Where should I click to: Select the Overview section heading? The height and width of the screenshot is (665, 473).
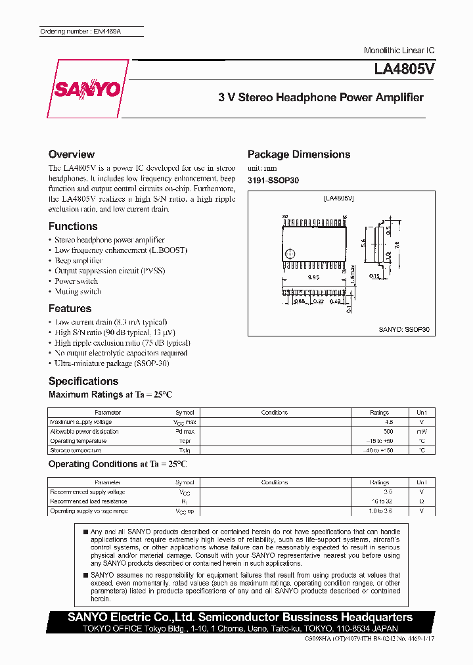click(x=72, y=154)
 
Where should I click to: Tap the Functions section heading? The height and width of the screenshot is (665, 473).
click(x=73, y=226)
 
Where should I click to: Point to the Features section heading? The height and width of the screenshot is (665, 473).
click(x=70, y=309)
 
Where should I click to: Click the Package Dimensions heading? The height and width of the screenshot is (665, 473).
click(x=299, y=154)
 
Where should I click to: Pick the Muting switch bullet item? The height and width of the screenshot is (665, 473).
click(x=78, y=292)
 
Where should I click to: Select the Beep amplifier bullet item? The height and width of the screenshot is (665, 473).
click(x=78, y=261)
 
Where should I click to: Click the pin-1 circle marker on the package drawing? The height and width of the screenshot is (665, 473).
click(x=290, y=254)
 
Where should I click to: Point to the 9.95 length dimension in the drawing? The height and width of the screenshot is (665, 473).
click(x=314, y=278)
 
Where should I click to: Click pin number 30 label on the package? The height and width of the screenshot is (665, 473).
click(x=285, y=216)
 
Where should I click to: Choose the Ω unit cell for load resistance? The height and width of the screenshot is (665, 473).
click(x=421, y=501)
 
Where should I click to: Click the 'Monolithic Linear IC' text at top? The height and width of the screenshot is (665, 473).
click(x=399, y=51)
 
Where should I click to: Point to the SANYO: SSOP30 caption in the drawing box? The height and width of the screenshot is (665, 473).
click(x=403, y=331)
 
